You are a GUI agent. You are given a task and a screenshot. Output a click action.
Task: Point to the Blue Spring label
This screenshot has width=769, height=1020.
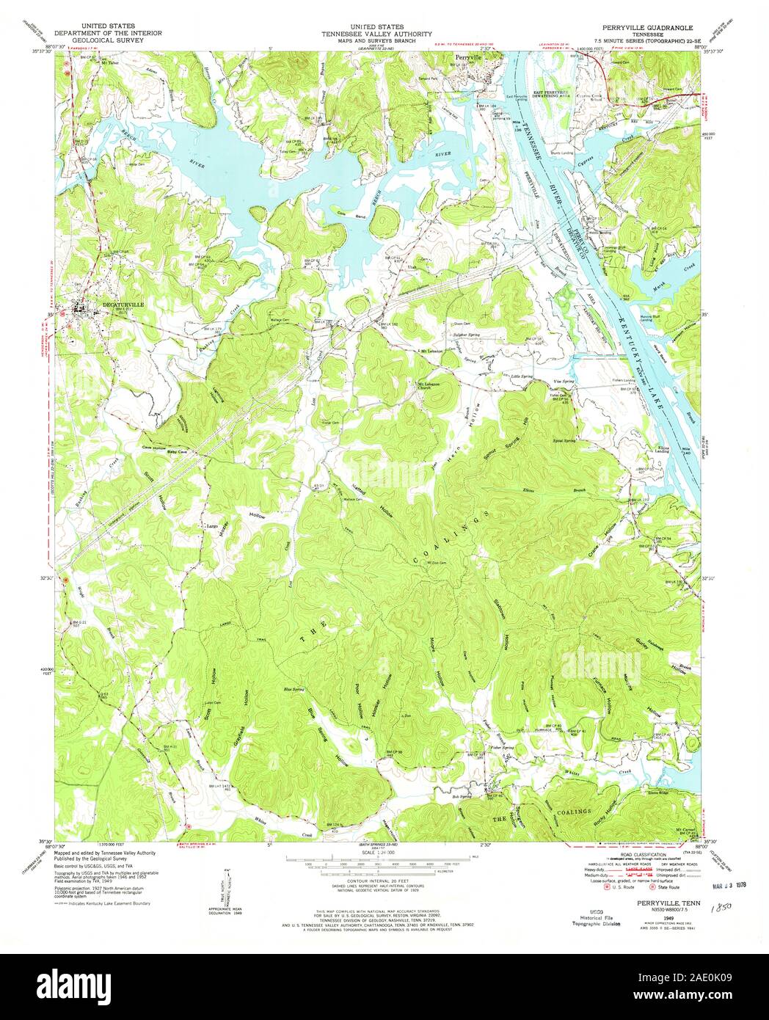(x=294, y=690)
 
